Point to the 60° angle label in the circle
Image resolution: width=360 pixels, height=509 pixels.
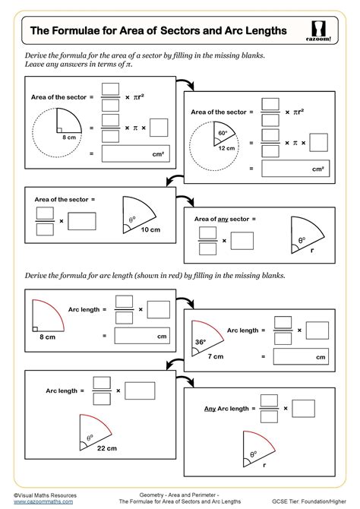click(223, 132)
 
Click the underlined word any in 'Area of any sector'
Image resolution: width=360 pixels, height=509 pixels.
click(223, 219)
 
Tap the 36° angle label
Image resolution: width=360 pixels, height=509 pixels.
click(200, 343)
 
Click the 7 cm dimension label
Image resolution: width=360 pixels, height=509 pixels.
click(216, 356)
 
